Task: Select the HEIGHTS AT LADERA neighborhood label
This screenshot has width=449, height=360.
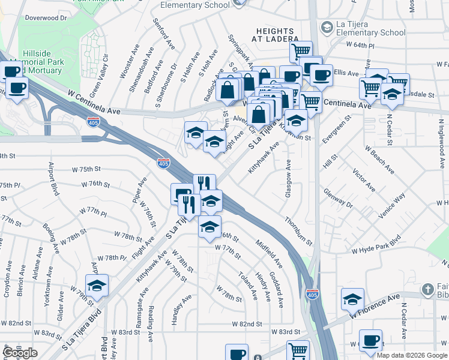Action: click(277, 35)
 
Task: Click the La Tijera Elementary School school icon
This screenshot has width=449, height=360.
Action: click(327, 28)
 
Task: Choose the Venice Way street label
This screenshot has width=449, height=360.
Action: click(392, 205)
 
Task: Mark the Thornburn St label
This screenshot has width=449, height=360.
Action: click(298, 231)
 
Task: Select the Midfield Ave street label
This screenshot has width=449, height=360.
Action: click(268, 253)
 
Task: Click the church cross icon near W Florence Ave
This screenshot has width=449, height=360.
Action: click(427, 290)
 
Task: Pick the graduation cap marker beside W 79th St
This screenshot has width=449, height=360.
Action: click(96, 287)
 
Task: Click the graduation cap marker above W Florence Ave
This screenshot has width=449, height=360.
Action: click(352, 299)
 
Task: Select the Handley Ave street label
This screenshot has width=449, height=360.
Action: click(182, 310)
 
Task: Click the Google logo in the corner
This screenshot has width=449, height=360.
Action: click(20, 353)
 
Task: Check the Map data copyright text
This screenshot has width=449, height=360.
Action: click(411, 355)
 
